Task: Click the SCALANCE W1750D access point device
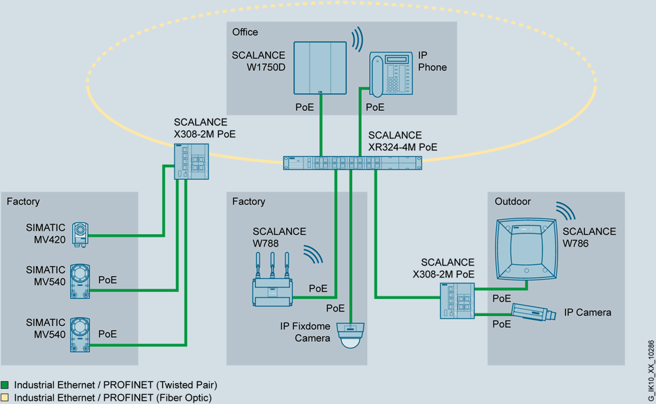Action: coord(319,68)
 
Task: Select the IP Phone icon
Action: coord(392,73)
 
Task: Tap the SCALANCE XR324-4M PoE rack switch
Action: coord(352,163)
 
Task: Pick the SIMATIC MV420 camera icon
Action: coord(81,233)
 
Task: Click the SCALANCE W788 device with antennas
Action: coord(273,285)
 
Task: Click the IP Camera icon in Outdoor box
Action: coord(533,312)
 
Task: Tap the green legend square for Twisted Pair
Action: coord(5,385)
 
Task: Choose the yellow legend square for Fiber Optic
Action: coord(5,397)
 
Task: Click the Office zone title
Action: coord(245,32)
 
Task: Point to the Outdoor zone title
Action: coord(513,201)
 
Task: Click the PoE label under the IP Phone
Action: coord(375,107)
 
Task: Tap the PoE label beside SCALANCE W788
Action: coord(318,289)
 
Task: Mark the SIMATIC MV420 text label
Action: coord(46,233)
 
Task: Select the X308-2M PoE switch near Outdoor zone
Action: coord(457,301)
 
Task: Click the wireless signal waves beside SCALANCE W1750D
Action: coord(357,39)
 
